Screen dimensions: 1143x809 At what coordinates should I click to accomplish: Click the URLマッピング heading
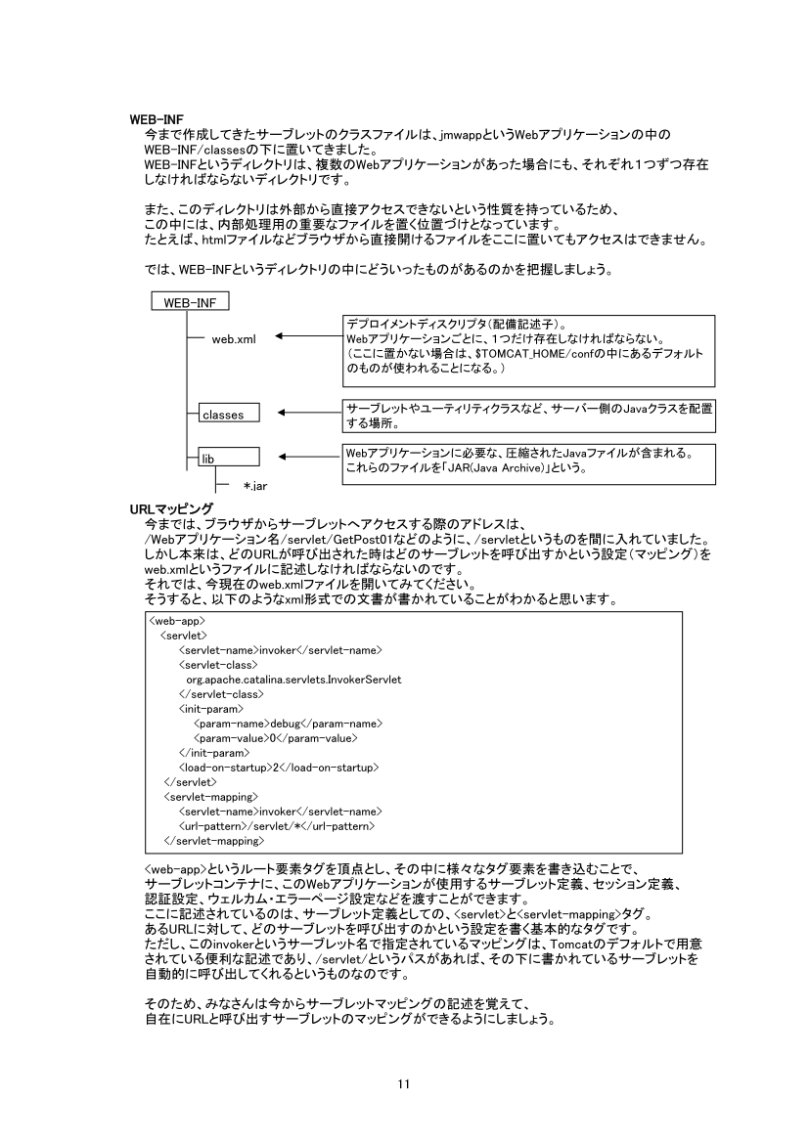(x=171, y=508)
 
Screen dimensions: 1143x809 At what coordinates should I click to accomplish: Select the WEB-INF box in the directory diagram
(x=190, y=303)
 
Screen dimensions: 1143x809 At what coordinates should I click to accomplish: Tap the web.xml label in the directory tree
(x=234, y=338)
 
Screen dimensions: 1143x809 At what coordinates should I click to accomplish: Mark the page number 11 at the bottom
(x=404, y=1083)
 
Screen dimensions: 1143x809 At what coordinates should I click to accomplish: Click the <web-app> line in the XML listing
(x=177, y=620)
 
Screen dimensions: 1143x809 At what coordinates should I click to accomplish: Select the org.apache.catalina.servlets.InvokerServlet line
(x=294, y=679)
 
